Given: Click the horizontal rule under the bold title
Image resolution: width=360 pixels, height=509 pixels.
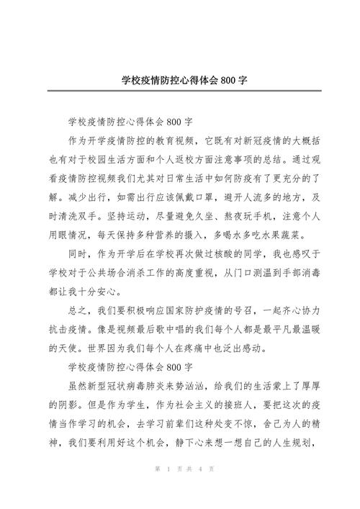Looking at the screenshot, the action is tap(179, 91).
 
